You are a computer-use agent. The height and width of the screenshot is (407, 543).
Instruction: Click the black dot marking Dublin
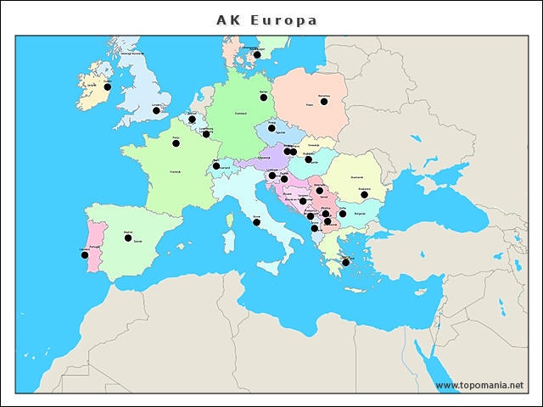tap(108, 86)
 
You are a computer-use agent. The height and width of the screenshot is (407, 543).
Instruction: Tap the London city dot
tap(156, 110)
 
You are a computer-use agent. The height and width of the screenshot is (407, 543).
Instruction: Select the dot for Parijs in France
tap(176, 143)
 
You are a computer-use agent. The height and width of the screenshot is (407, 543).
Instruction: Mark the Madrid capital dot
tap(128, 238)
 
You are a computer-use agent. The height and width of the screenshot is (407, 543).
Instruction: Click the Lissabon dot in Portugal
tap(84, 254)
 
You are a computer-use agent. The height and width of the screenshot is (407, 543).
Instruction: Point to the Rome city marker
tap(256, 222)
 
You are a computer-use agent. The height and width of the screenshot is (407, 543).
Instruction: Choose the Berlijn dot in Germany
tap(264, 98)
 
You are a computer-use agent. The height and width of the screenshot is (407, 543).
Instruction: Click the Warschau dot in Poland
tap(324, 102)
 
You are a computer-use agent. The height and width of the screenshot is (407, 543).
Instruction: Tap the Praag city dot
tap(271, 128)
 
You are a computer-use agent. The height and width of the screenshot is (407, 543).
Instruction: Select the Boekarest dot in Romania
tap(365, 195)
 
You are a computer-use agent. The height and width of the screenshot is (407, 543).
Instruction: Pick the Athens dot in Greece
tap(345, 263)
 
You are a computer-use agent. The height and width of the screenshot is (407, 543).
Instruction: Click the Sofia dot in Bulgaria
tap(343, 214)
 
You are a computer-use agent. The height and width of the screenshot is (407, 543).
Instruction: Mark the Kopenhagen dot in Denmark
tap(257, 55)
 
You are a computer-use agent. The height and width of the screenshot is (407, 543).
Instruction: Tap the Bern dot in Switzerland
tap(216, 166)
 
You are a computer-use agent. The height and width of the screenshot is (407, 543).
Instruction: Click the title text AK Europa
tap(266, 20)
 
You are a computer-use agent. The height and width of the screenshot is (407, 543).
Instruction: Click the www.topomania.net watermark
tap(479, 386)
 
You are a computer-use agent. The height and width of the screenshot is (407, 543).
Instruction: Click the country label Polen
tap(310, 106)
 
